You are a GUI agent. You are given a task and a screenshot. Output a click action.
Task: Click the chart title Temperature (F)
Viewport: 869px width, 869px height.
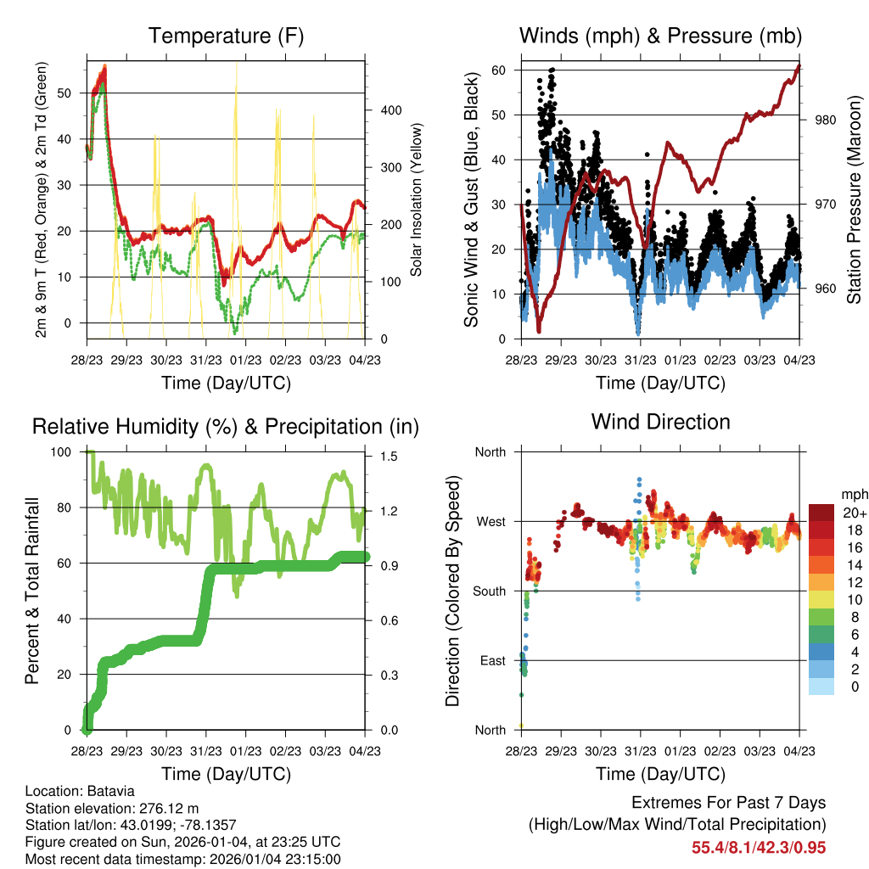pyautogui.click(x=226, y=36)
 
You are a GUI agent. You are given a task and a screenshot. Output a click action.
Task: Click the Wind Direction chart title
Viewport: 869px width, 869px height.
pyautogui.click(x=660, y=421)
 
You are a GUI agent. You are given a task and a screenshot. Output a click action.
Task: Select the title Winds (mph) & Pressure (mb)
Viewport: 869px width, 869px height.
pyautogui.click(x=660, y=36)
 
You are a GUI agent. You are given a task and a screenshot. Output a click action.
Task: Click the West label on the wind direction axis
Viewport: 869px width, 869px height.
pyautogui.click(x=490, y=521)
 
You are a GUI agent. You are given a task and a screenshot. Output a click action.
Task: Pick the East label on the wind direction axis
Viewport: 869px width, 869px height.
pyautogui.click(x=491, y=660)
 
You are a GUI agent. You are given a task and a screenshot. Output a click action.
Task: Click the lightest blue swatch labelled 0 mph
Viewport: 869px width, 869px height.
pyautogui.click(x=821, y=687)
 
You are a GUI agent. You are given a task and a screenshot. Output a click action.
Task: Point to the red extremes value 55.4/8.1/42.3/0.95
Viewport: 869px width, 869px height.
pyautogui.click(x=759, y=848)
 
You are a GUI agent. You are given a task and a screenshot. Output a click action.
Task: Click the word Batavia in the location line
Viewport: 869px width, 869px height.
pyautogui.click(x=110, y=792)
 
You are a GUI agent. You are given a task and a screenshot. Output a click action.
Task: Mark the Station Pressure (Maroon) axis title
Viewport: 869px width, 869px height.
pyautogui.click(x=854, y=199)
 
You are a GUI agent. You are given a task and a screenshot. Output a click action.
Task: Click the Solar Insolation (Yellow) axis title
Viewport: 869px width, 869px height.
pyautogui.click(x=417, y=199)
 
